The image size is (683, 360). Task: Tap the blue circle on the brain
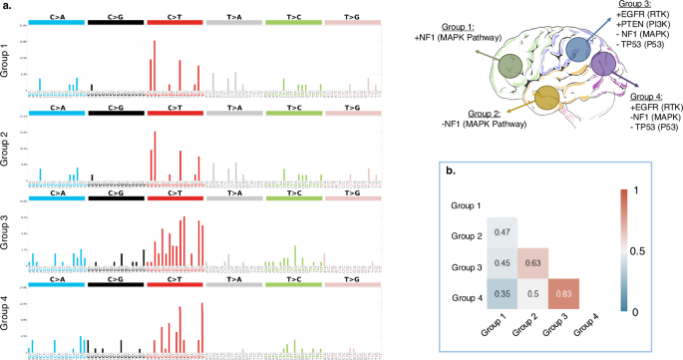coord(575,50)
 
